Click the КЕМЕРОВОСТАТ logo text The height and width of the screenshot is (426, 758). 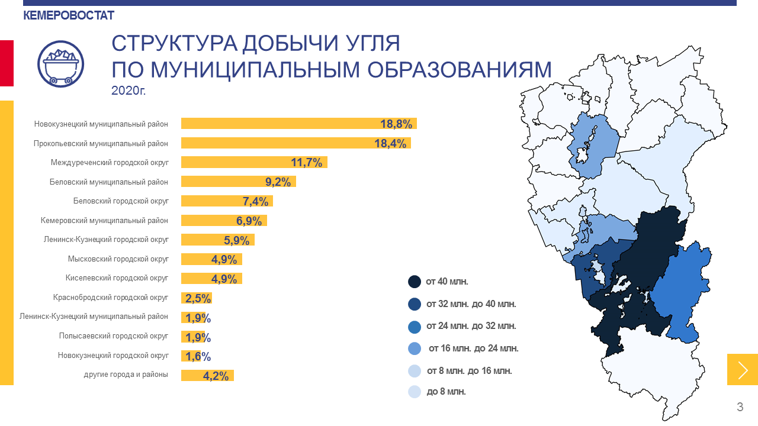[x=69, y=16]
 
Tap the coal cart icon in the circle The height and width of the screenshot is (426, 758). [x=60, y=64]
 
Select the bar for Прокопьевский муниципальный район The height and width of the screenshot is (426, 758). [x=296, y=143]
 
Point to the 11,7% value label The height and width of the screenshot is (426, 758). [x=306, y=163]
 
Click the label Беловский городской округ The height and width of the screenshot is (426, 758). [x=121, y=201]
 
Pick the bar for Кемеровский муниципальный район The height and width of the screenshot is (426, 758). [x=224, y=221]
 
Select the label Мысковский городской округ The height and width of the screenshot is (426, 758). [x=118, y=259]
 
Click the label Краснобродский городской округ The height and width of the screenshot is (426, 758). [x=111, y=298]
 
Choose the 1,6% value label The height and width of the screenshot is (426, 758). [x=198, y=356]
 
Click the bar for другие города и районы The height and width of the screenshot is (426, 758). [x=207, y=375]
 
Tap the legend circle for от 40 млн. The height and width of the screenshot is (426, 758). [x=415, y=282]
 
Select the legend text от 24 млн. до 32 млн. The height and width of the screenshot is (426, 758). [x=471, y=326]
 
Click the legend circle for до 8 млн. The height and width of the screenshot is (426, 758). [x=415, y=392]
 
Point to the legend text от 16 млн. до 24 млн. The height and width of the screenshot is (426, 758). [x=473, y=348]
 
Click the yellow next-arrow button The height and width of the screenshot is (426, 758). [x=743, y=370]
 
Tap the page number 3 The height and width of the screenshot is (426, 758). [x=740, y=407]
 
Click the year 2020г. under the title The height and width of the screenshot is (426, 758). [x=128, y=91]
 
